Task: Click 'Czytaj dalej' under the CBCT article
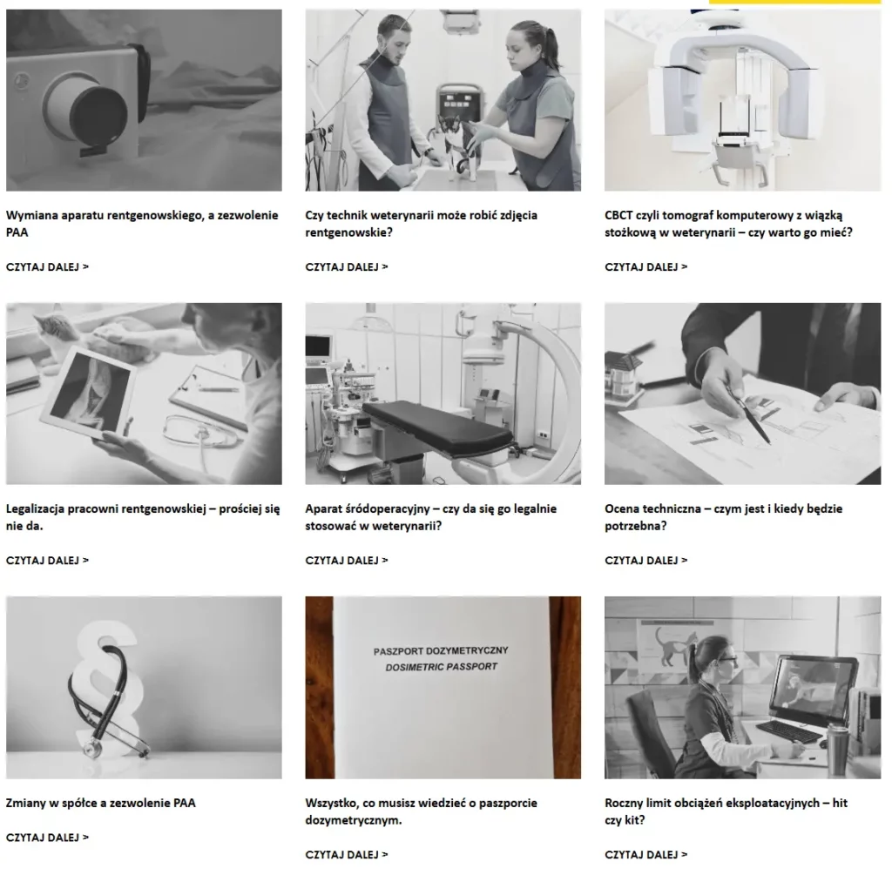coord(645,266)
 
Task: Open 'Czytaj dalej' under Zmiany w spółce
coord(47,838)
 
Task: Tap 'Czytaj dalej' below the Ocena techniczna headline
coord(645,560)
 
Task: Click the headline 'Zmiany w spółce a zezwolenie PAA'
coord(101,803)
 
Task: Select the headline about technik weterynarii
coord(421,224)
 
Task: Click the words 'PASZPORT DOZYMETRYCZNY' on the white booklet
coord(441,650)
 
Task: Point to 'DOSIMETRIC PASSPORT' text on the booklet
coord(442,666)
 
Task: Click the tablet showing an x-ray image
coord(88,394)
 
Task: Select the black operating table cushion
coord(438,427)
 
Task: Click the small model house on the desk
coord(624,374)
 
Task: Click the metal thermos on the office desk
coord(838,750)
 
